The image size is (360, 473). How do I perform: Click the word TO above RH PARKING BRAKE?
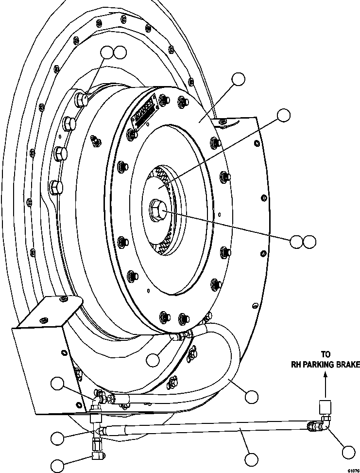[x=326, y=354]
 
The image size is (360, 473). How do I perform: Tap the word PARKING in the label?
[x=321, y=365]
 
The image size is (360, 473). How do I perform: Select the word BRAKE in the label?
[x=349, y=365]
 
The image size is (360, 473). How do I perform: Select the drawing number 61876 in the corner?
[x=353, y=470]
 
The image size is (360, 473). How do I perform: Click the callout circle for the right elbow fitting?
[x=349, y=452]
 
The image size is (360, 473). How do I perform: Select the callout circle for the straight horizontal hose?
[x=251, y=459]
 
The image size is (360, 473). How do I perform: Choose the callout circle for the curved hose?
[x=251, y=397]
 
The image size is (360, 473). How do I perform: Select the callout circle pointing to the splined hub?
[x=283, y=115]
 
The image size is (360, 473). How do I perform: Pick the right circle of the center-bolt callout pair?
[x=309, y=241]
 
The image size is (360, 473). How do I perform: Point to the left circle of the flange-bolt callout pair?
[x=107, y=52]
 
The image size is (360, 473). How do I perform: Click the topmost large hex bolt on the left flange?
[x=81, y=100]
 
